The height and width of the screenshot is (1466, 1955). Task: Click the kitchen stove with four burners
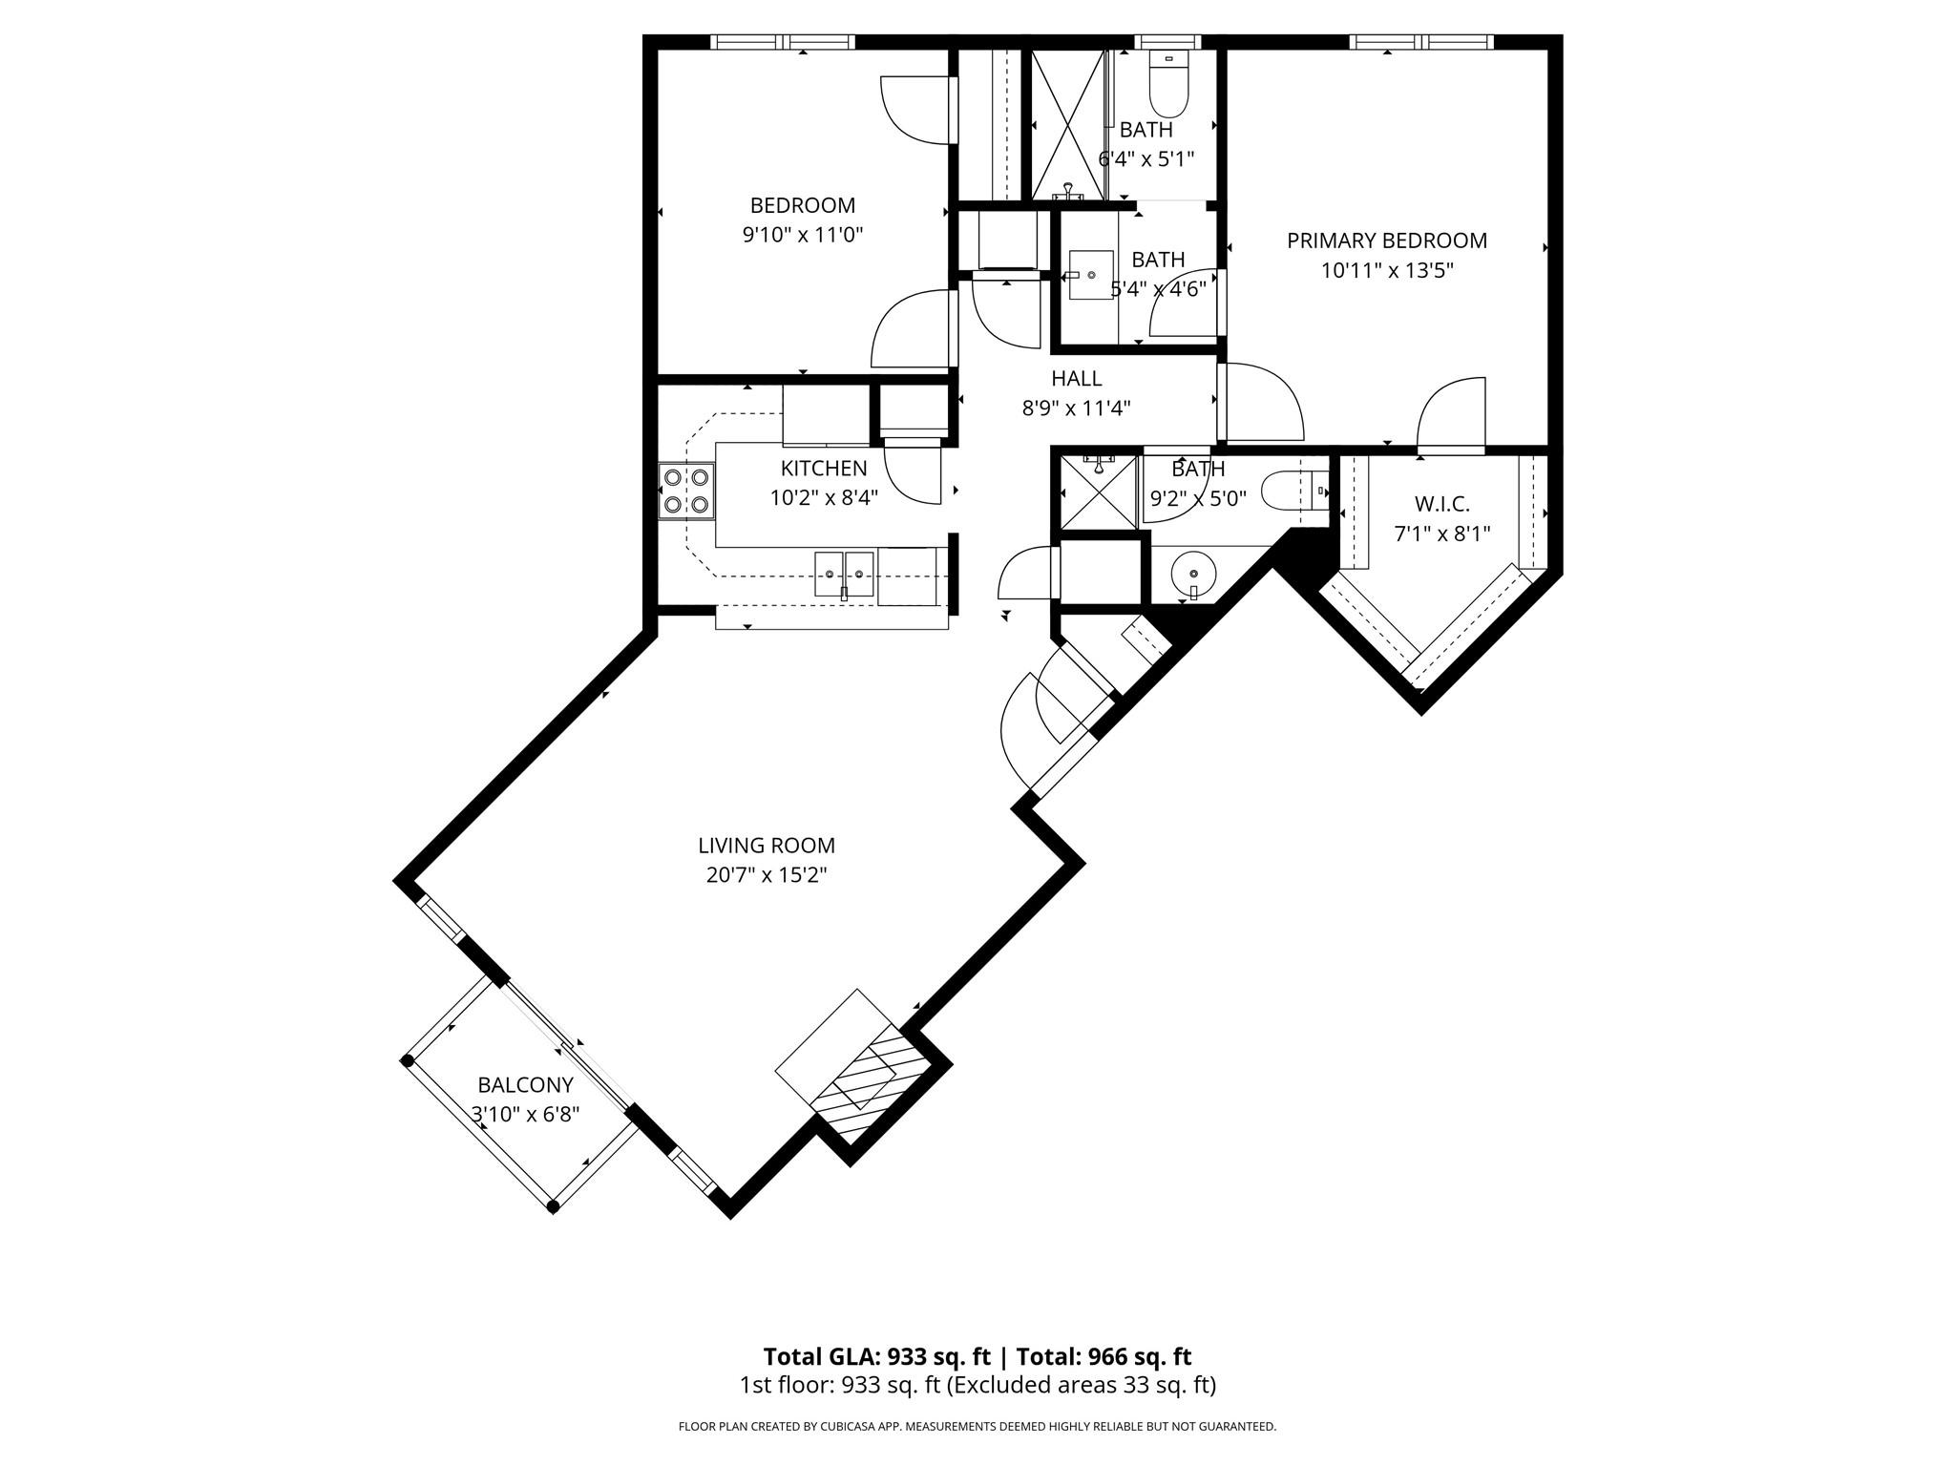pyautogui.click(x=686, y=491)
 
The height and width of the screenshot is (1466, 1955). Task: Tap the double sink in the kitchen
pyautogui.click(x=845, y=574)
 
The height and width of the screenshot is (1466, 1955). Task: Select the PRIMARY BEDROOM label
pyautogui.click(x=1387, y=241)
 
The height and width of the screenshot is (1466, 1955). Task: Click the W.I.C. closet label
pyautogui.click(x=1441, y=503)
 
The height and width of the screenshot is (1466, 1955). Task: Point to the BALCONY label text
pyautogui.click(x=525, y=1084)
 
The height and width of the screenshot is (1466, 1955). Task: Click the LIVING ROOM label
pyautogui.click(x=767, y=845)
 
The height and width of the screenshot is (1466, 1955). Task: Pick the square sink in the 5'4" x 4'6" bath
pyautogui.click(x=1091, y=275)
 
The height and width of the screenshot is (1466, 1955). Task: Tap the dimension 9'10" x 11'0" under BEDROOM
pyautogui.click(x=803, y=235)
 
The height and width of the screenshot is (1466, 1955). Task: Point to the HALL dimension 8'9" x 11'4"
pyautogui.click(x=1077, y=408)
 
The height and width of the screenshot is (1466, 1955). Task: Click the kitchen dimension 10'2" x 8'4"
pyautogui.click(x=824, y=497)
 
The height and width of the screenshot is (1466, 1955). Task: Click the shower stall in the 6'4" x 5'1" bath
pyautogui.click(x=1065, y=124)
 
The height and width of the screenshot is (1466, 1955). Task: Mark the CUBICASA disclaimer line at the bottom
pyautogui.click(x=977, y=1427)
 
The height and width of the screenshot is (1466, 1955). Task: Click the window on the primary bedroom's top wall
pyautogui.click(x=1422, y=41)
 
